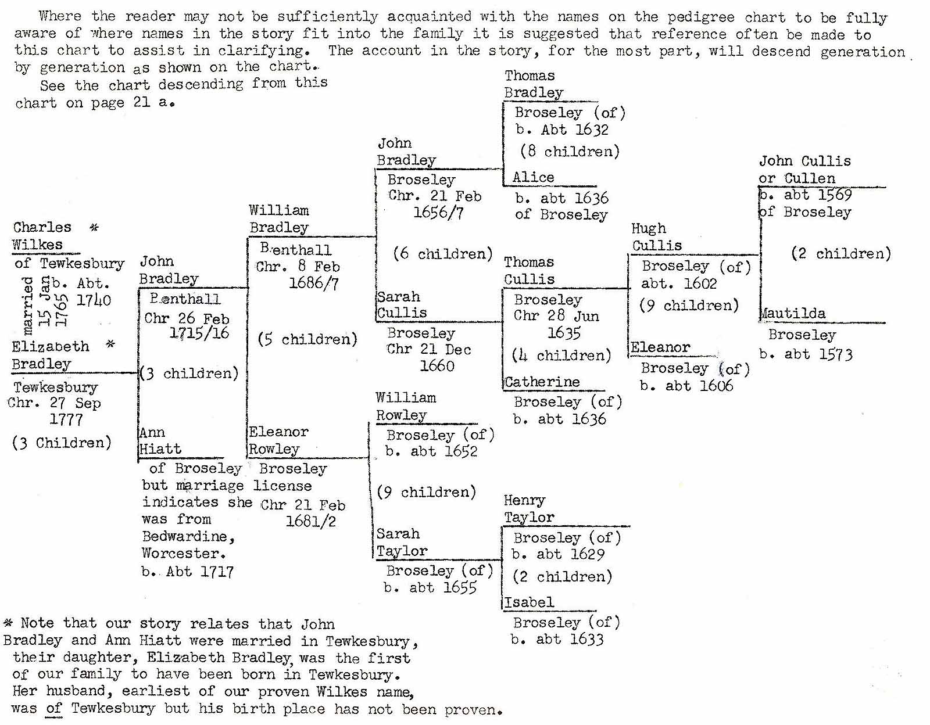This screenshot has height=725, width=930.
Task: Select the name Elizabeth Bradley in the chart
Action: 50,355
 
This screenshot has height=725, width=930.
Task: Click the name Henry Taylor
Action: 528,509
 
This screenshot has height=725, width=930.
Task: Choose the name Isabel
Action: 529,602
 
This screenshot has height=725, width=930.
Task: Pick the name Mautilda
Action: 793,314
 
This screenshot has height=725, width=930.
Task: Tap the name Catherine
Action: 542,382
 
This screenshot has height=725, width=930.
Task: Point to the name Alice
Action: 533,177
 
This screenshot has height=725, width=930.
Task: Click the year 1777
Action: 66,419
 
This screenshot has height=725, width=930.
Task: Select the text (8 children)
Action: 570,152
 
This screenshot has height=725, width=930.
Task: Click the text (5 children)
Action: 307,339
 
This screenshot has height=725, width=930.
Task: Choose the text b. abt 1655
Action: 430,588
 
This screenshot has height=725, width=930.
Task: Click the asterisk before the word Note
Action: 8,623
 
